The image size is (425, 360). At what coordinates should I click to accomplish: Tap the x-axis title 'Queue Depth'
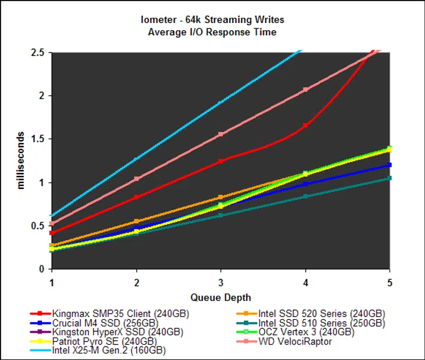pos(221,297)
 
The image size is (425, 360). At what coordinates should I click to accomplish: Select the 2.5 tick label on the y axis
pos(37,53)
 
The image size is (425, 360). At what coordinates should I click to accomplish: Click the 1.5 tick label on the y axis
pos(37,139)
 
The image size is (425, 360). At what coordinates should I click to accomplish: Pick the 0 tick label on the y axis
pos(42,269)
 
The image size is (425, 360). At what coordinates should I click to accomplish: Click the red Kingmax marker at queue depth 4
pos(305,125)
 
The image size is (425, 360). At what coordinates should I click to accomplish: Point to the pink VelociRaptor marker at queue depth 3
pos(221,134)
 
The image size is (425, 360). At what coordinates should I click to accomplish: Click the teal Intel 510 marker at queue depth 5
pos(390,178)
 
